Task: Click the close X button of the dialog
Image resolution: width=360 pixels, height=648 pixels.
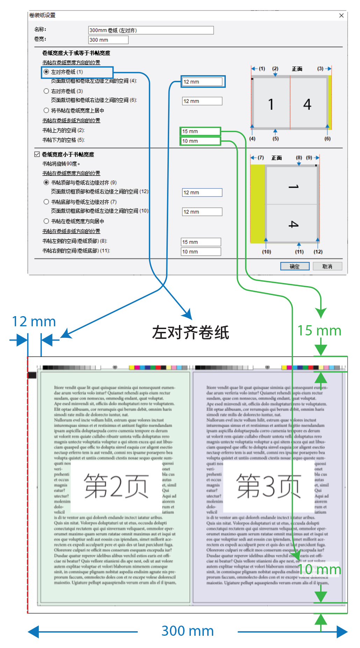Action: pyautogui.click(x=341, y=15)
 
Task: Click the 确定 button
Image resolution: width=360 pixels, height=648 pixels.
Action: pyautogui.click(x=295, y=266)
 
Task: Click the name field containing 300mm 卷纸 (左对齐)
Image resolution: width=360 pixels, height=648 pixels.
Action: pyautogui.click(x=151, y=30)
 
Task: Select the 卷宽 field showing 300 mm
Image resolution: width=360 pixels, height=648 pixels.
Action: pyautogui.click(x=108, y=40)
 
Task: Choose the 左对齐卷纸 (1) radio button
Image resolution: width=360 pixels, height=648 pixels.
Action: pyautogui.click(x=46, y=72)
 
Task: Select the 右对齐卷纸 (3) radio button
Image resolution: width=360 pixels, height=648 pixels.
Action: pyautogui.click(x=46, y=91)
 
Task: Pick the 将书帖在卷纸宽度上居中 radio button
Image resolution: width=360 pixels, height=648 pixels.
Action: pyautogui.click(x=46, y=111)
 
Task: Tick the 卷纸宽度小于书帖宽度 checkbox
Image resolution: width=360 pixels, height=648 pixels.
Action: pyautogui.click(x=37, y=154)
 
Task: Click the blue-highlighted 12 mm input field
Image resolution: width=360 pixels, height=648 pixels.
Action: pyautogui.click(x=202, y=82)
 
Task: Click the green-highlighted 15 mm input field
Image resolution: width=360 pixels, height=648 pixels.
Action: pyautogui.click(x=200, y=131)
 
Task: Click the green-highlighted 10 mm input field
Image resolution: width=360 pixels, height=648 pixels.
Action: pyautogui.click(x=200, y=141)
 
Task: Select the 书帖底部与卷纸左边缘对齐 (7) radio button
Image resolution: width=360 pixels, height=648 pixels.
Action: pyautogui.click(x=46, y=202)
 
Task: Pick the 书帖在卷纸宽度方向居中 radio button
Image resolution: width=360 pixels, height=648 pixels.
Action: pyautogui.click(x=46, y=221)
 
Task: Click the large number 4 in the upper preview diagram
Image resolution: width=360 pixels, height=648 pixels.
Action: pyautogui.click(x=307, y=104)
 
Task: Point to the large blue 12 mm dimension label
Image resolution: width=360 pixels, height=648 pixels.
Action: pyautogui.click(x=34, y=322)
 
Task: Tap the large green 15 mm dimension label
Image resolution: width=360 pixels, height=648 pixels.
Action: pyautogui.click(x=319, y=331)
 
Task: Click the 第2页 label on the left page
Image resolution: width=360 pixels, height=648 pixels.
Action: pyautogui.click(x=116, y=486)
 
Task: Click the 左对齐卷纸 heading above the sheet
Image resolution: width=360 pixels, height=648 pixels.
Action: pyautogui.click(x=190, y=333)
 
